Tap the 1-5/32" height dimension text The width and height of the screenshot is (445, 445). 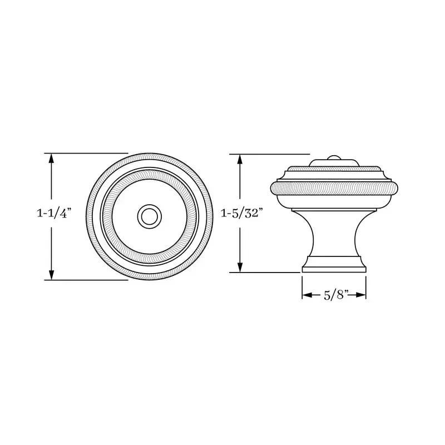pos(240,213)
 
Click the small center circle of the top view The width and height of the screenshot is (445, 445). pos(150,216)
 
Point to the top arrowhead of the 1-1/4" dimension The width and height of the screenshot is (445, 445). pos(51,159)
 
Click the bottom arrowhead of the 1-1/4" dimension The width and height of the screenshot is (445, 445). pos(51,275)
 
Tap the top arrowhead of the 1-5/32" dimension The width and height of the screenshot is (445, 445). pos(240,160)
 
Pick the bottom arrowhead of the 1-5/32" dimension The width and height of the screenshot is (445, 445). pos(240,267)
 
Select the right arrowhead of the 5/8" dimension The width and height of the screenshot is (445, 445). pos(360,295)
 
